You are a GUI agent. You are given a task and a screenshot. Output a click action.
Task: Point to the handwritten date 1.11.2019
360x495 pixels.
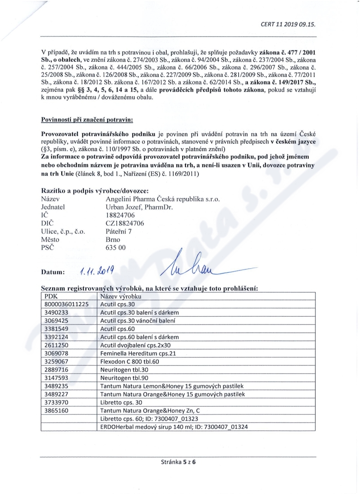[97, 271]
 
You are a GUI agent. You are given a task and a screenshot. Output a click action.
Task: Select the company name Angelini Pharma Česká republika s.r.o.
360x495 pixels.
[159, 199]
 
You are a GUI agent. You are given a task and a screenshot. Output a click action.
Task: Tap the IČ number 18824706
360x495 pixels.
[114, 216]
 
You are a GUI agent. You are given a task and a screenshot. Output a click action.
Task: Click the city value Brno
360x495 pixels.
[107, 240]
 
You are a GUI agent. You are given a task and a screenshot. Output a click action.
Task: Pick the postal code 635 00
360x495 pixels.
[112, 247]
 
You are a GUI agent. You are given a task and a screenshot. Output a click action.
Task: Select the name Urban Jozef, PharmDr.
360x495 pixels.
[136, 207]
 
